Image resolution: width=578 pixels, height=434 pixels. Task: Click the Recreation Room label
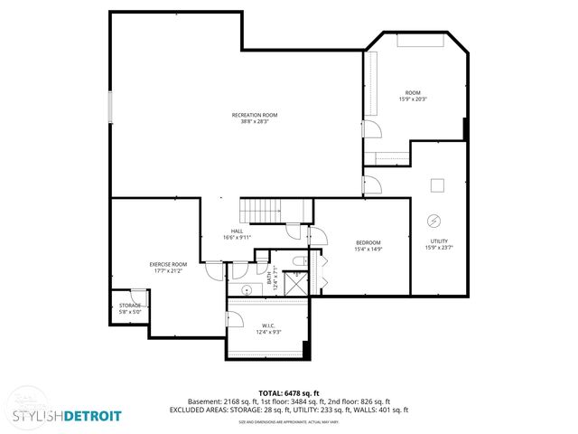(x=255, y=115)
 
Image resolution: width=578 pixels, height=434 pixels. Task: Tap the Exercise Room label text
(x=168, y=264)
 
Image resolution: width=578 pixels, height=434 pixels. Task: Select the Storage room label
(x=130, y=306)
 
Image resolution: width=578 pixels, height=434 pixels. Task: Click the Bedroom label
(x=368, y=242)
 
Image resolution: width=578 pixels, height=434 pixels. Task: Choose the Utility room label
(x=439, y=241)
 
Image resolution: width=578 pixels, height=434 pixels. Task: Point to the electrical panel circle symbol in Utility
(x=433, y=220)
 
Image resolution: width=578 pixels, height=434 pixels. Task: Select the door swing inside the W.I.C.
(x=235, y=317)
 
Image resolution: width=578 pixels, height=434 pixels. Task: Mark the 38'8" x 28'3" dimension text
(x=255, y=122)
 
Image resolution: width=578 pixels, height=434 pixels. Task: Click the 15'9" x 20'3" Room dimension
(x=412, y=99)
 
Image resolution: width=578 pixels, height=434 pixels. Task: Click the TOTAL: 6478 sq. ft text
(x=289, y=392)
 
